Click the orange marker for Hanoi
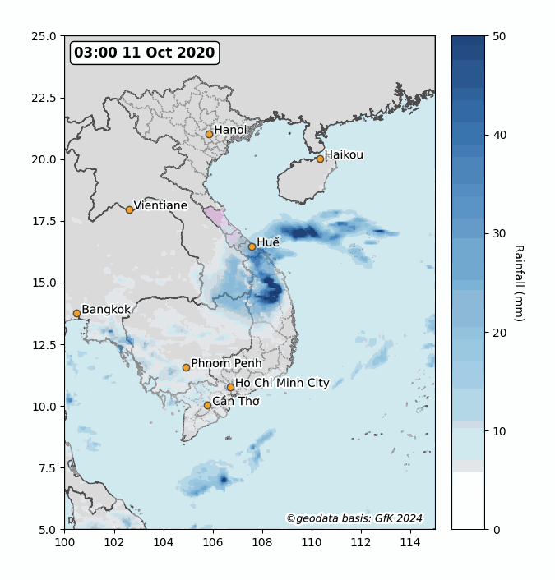(x=209, y=134)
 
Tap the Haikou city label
(x=344, y=154)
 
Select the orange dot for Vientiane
(x=129, y=209)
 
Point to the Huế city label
(x=268, y=242)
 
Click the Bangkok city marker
(x=76, y=313)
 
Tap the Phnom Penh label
(x=226, y=363)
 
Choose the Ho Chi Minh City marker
(x=230, y=388)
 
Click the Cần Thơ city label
(x=236, y=401)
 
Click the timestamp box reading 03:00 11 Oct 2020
(x=145, y=53)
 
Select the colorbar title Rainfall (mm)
(x=518, y=283)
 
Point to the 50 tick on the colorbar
(x=498, y=36)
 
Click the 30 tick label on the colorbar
(x=498, y=233)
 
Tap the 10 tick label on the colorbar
(x=498, y=430)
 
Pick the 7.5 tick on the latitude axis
(x=49, y=467)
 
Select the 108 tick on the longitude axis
(x=262, y=543)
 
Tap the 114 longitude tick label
(x=410, y=543)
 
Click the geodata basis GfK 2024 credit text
(x=354, y=518)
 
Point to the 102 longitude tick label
(x=114, y=543)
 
